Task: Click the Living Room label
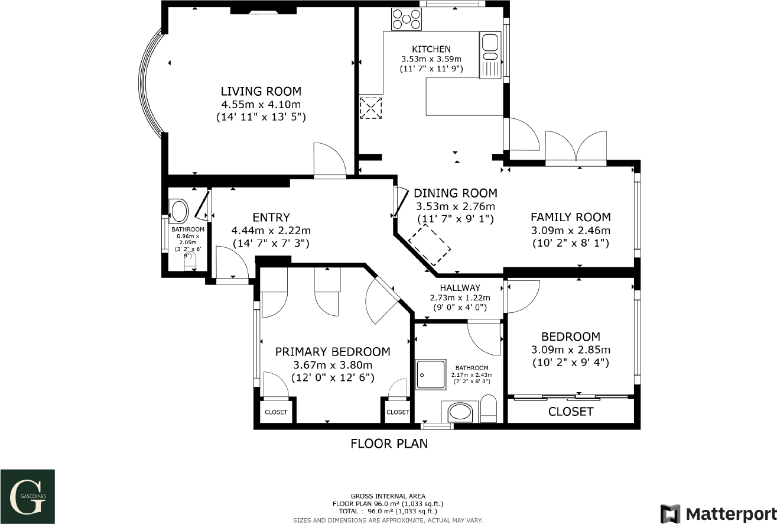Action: click(261, 91)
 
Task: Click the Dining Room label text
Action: click(455, 193)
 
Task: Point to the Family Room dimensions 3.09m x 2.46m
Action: click(570, 230)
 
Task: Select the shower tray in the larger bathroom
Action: click(430, 374)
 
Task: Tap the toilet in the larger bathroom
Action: click(489, 409)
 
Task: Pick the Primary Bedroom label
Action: click(333, 352)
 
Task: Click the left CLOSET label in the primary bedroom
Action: click(276, 412)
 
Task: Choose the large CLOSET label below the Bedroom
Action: click(570, 412)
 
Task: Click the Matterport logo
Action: click(717, 513)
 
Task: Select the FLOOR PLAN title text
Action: click(389, 443)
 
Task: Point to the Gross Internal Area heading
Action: click(388, 496)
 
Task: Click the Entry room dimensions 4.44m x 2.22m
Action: click(271, 230)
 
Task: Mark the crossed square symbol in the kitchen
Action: click(371, 108)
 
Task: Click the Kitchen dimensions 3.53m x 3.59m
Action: click(431, 59)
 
